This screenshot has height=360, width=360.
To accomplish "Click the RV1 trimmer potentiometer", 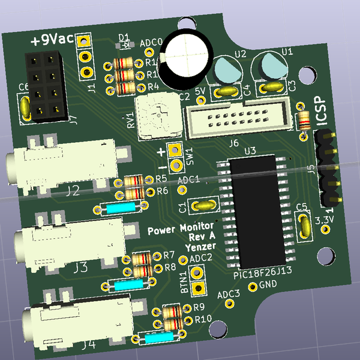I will point(157,116).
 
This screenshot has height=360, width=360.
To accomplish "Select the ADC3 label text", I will point(228,295).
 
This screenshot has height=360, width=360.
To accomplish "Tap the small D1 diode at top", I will point(125,44).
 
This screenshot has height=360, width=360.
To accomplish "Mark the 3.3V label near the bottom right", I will point(324,219).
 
